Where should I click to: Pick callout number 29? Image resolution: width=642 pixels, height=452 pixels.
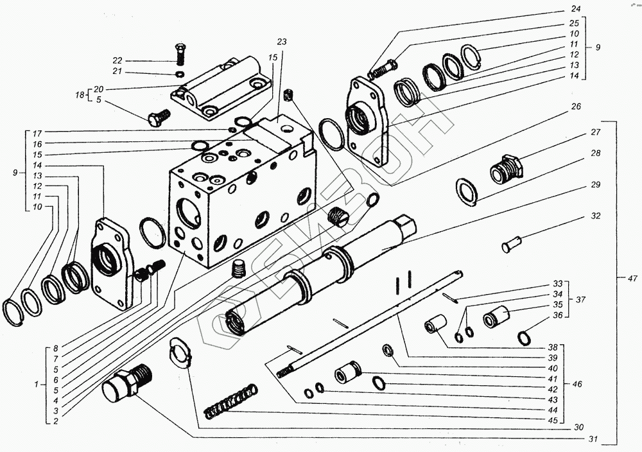[x=596, y=185]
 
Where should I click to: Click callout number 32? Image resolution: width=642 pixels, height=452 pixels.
[x=596, y=216]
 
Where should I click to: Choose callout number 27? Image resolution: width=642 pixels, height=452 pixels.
[x=596, y=133]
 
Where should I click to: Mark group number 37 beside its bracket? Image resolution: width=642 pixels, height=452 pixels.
[x=580, y=299]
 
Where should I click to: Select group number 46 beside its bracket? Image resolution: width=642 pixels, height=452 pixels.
[x=578, y=384]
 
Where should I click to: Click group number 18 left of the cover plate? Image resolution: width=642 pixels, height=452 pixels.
[x=79, y=95]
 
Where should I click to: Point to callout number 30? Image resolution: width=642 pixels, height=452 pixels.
[x=580, y=427]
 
